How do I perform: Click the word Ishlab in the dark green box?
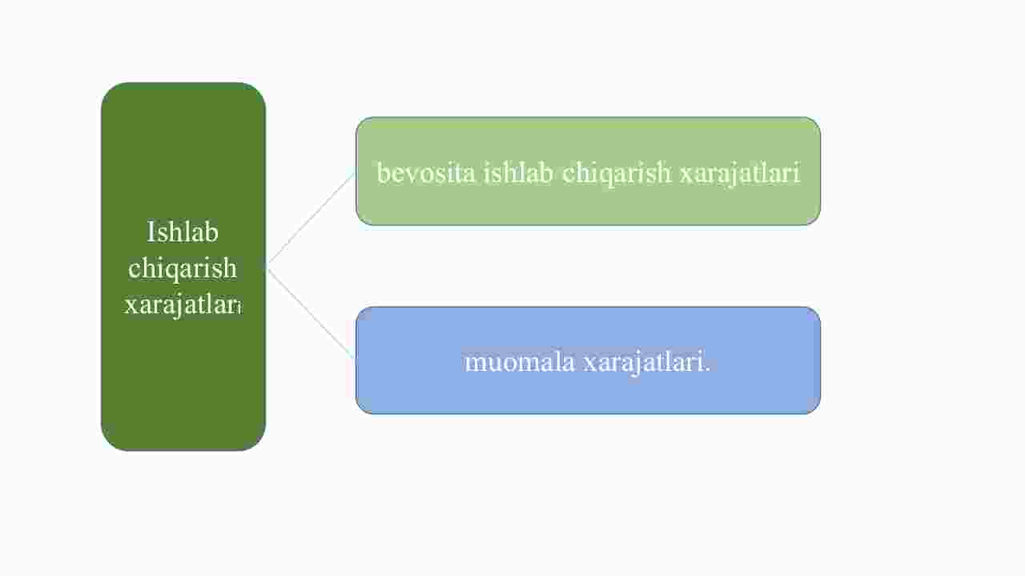pos(183,232)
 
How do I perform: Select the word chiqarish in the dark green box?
pos(183,269)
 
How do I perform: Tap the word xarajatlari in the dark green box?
pos(183,304)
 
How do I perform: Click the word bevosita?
pos(425,173)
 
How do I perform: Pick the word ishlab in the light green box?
pos(518,173)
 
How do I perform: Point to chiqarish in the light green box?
pos(617,174)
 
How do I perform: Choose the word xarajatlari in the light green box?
pos(740,174)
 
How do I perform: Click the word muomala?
pos(520,363)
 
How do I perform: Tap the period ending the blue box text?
pos(707,370)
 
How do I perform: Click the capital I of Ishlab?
pos(151,232)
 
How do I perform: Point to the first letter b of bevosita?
pos(384,173)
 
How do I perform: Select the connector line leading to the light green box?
pos(311,218)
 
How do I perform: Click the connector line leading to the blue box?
pos(311,312)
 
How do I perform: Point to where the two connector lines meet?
pos(267,265)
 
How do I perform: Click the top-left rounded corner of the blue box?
pos(361,312)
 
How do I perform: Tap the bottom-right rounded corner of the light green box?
pos(815,220)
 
